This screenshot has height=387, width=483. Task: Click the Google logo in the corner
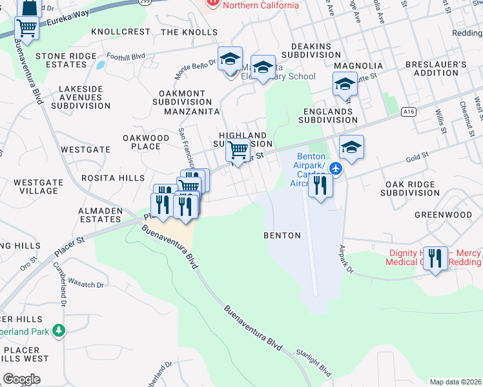[x=22, y=379]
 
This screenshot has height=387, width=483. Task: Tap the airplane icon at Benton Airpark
[x=335, y=168]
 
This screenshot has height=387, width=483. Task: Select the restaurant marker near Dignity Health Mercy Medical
[x=435, y=259]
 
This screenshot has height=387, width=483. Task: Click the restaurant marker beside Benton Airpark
[x=320, y=186]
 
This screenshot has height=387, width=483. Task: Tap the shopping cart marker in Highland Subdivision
[x=238, y=150]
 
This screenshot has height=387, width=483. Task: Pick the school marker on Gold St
[x=351, y=147]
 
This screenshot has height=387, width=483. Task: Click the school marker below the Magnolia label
[x=345, y=84]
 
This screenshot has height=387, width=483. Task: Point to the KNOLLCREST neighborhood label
[x=121, y=32]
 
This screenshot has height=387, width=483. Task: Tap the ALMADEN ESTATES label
[x=99, y=215]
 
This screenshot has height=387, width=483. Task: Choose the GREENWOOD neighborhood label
[x=443, y=215]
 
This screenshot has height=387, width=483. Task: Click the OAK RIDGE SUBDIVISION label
[x=412, y=188]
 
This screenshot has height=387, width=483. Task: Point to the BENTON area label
[x=282, y=235]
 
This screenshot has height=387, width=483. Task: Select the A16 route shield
[x=407, y=112]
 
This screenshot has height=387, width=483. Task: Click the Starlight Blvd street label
[x=314, y=362]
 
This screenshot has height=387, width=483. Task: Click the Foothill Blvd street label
[x=126, y=56]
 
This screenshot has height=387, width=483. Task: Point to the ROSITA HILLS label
[x=103, y=177]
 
